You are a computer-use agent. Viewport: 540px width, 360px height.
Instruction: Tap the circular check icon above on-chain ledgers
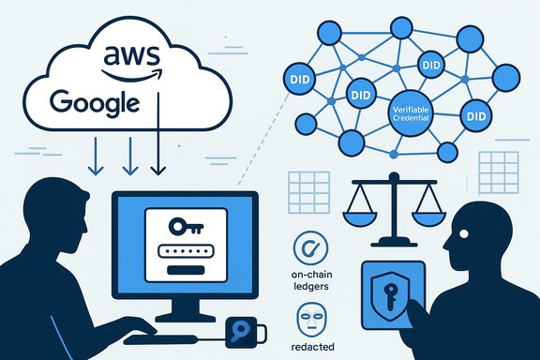(x=308, y=249)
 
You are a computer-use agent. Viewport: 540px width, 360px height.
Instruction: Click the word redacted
(x=308, y=348)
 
